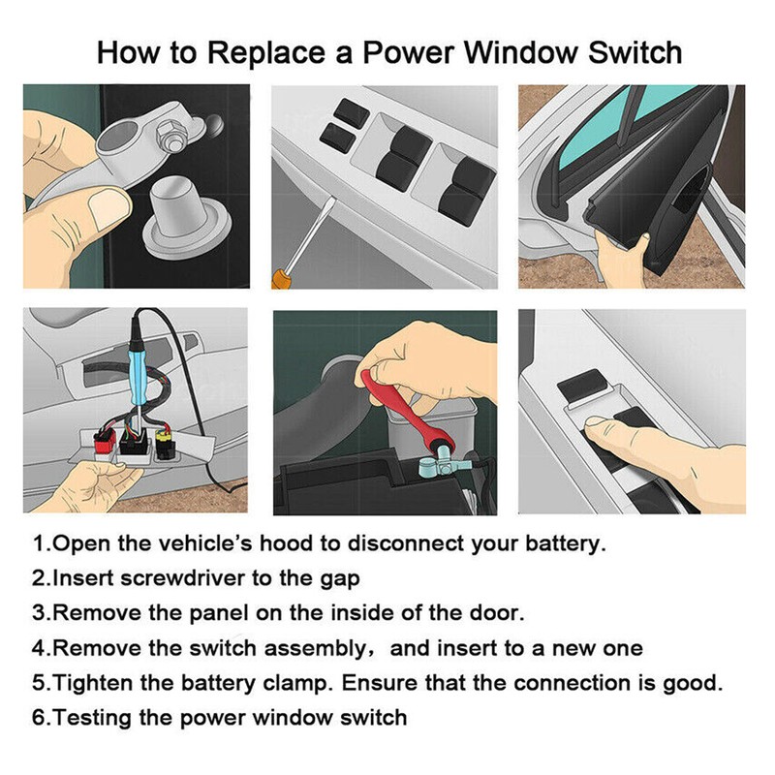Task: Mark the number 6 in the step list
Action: pos(39,718)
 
